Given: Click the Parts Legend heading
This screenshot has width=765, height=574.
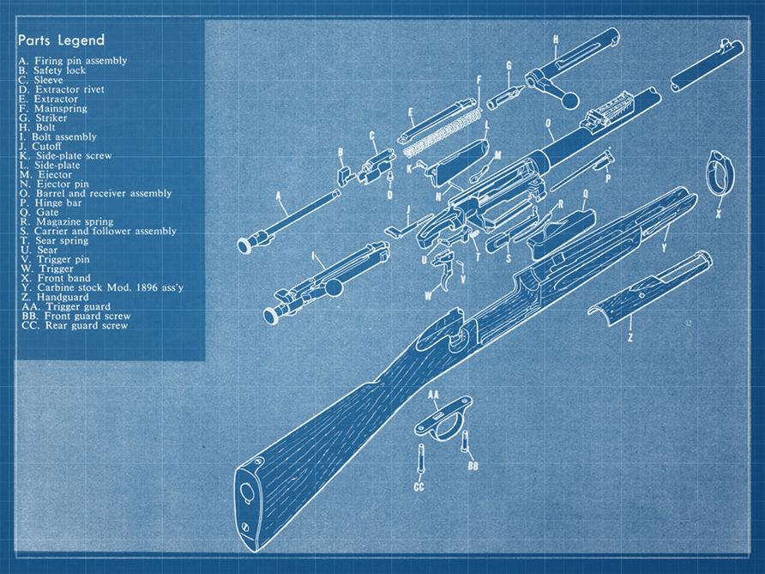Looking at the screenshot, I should click(61, 40).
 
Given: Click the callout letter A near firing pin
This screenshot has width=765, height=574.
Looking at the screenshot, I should click(279, 196).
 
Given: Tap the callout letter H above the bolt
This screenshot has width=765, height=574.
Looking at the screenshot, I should click(556, 39).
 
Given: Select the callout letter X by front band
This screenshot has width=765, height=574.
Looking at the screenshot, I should click(719, 214).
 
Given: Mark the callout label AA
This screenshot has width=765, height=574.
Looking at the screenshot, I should click(433, 395).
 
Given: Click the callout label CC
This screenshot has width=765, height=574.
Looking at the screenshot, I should click(419, 486).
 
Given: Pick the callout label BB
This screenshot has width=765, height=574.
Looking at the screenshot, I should click(472, 466).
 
